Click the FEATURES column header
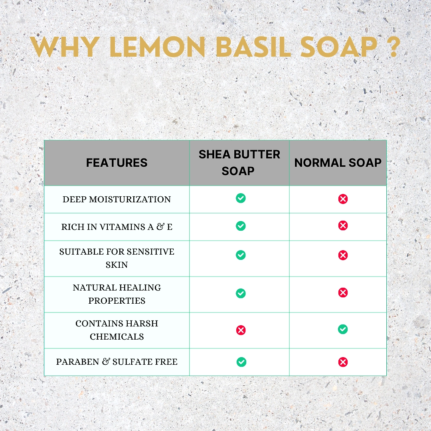tap(117, 163)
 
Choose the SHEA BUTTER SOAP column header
tap(239, 163)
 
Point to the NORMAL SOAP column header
tap(338, 163)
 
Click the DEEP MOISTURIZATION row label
tap(117, 199)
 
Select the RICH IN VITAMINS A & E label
tap(117, 227)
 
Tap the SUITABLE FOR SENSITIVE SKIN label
tap(117, 258)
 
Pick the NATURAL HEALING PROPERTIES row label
tap(117, 294)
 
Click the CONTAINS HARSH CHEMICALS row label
tap(117, 330)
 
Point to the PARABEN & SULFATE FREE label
tap(117, 362)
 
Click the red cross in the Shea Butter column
tap(241, 330)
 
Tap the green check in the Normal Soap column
tap(343, 329)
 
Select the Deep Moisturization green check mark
tap(241, 198)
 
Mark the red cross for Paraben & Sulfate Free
tap(343, 362)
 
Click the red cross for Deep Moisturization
tap(343, 199)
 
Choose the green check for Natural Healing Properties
tap(241, 293)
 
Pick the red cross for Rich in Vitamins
tap(343, 225)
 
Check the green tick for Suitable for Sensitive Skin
tap(241, 255)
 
